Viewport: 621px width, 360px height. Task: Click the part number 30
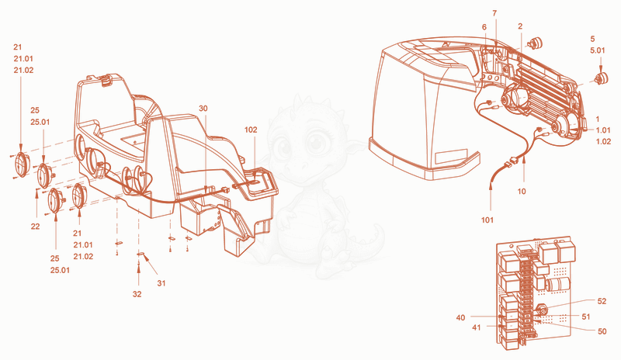click(x=203, y=109)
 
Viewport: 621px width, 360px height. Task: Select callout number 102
click(x=251, y=130)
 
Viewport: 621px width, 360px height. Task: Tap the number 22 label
click(x=35, y=227)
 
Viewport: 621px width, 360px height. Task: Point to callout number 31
click(x=161, y=283)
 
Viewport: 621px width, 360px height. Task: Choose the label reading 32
click(x=137, y=294)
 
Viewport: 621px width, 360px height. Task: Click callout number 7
click(x=494, y=13)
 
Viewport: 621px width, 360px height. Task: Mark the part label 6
click(x=484, y=27)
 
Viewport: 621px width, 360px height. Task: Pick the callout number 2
click(x=520, y=26)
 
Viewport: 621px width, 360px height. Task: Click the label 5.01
click(x=598, y=50)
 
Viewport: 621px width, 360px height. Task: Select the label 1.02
click(x=604, y=142)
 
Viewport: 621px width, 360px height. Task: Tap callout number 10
click(x=522, y=192)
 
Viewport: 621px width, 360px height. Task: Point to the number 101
click(x=487, y=220)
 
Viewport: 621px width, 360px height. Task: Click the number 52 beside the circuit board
click(x=602, y=301)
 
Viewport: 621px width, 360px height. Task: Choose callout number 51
click(x=586, y=317)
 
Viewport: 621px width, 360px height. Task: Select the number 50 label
click(x=602, y=331)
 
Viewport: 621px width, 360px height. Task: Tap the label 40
click(x=460, y=317)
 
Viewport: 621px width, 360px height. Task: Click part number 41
click(x=477, y=327)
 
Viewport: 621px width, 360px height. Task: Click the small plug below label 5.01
click(x=602, y=78)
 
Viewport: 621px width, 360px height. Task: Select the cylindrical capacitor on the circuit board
click(x=557, y=285)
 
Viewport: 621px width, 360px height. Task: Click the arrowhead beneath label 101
click(x=491, y=183)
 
